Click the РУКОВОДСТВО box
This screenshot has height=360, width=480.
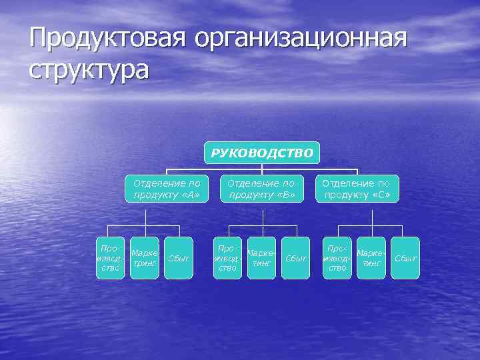click(x=262, y=153)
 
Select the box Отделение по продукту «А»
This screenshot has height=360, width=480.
click(x=167, y=189)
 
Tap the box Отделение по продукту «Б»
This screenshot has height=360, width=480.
click(x=261, y=189)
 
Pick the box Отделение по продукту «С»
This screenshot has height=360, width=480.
click(x=357, y=189)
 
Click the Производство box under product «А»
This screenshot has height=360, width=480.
click(x=110, y=258)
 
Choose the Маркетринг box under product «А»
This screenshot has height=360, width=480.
click(x=145, y=258)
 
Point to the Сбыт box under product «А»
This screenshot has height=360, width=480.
click(x=179, y=258)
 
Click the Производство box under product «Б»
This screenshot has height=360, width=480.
click(x=227, y=258)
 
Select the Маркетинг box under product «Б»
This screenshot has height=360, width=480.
click(x=261, y=258)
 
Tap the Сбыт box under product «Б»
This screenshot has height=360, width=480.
click(x=296, y=258)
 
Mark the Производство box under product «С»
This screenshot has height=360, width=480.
click(x=337, y=258)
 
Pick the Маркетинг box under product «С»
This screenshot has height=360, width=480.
click(x=371, y=258)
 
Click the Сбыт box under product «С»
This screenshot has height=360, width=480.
click(x=405, y=258)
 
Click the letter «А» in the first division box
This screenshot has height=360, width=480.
click(x=190, y=195)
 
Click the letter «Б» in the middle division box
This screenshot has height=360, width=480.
click(x=285, y=195)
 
